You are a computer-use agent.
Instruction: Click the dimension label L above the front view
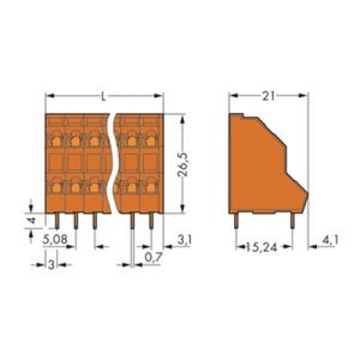104,95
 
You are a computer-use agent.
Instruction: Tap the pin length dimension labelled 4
30,220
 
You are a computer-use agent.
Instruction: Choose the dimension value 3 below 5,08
48,264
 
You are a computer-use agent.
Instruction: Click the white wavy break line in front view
114,163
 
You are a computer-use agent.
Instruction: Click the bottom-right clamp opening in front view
150,187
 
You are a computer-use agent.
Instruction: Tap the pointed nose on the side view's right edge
307,192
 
